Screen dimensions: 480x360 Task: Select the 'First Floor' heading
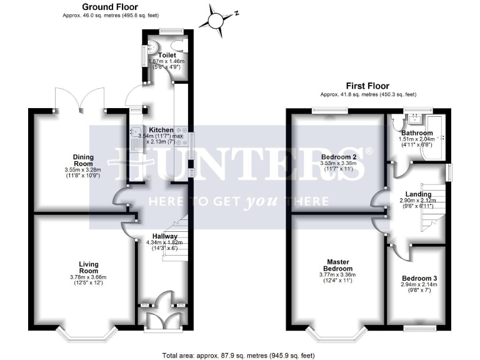[x=367, y=86]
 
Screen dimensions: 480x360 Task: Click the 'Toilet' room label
[x=166, y=55]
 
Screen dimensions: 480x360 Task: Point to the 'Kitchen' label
[x=156, y=130]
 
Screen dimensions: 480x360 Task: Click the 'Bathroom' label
[x=417, y=133]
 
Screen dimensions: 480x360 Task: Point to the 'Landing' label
[x=417, y=194]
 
